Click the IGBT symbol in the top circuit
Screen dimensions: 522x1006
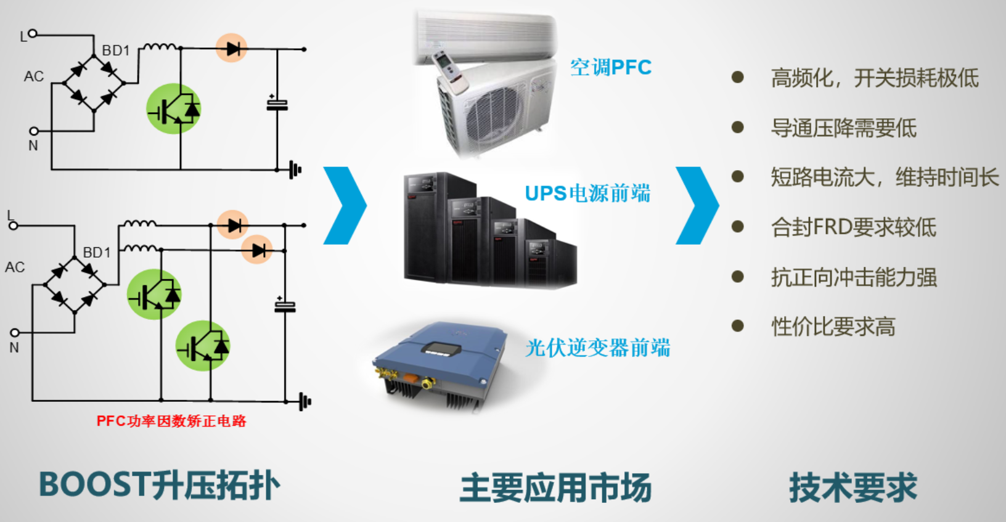pyautogui.click(x=173, y=109)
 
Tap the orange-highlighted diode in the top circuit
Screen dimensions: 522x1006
pyautogui.click(x=232, y=48)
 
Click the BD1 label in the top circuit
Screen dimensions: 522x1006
pyautogui.click(x=115, y=51)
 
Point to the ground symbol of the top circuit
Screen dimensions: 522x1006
pyautogui.click(x=295, y=169)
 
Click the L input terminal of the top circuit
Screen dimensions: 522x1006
pyautogui.click(x=33, y=34)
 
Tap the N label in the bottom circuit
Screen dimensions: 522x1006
pyautogui.click(x=14, y=348)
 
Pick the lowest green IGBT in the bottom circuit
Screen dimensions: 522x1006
pyautogui.click(x=203, y=346)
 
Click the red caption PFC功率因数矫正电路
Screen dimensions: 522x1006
pyautogui.click(x=171, y=421)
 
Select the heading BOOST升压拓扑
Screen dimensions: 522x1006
pyautogui.click(x=159, y=485)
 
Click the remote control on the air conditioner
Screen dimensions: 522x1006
pyautogui.click(x=449, y=73)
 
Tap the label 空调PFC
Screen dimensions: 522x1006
pyautogui.click(x=610, y=67)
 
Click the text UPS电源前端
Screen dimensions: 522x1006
pyautogui.click(x=587, y=194)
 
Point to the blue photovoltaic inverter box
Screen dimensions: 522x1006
pyautogui.click(x=439, y=364)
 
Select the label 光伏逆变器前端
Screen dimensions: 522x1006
pyautogui.click(x=597, y=348)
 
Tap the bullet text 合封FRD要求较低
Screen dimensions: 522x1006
pyautogui.click(x=853, y=227)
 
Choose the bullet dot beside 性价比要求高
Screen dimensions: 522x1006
pyautogui.click(x=737, y=326)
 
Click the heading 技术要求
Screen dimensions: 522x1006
pyautogui.click(x=853, y=487)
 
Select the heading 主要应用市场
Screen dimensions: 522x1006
pyautogui.click(x=555, y=487)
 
